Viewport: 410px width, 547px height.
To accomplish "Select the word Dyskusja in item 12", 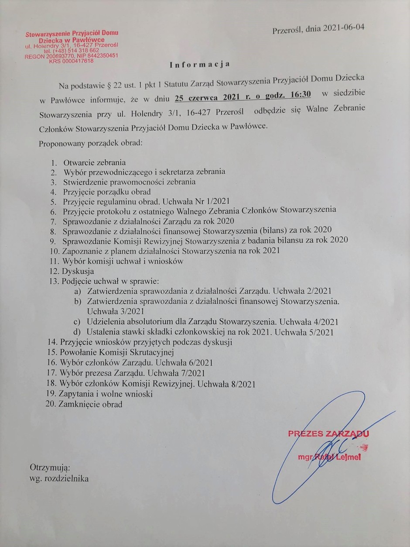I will pyautogui.click(x=78, y=271).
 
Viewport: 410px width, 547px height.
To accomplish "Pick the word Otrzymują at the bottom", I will pyautogui.click(x=50, y=468).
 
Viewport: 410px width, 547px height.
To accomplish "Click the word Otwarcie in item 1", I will pyautogui.click(x=77, y=162).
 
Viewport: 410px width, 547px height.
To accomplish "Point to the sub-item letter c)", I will pyautogui.click(x=77, y=321).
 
